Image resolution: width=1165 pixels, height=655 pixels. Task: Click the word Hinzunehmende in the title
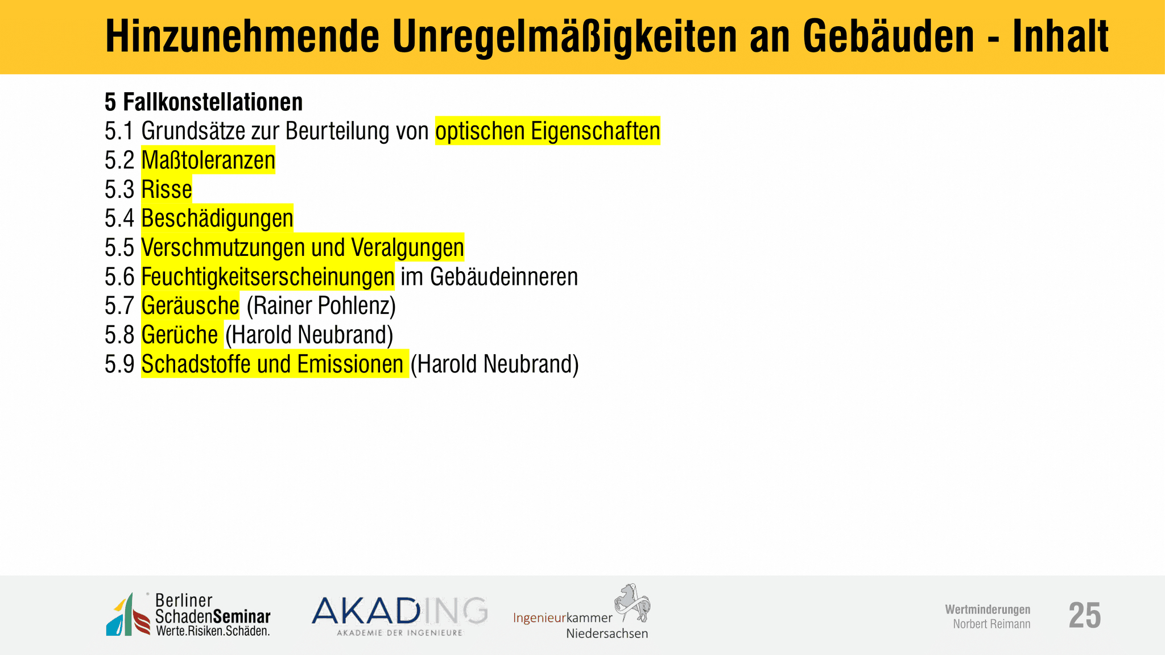click(242, 36)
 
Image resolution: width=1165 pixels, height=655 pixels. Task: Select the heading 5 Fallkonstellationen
click(204, 102)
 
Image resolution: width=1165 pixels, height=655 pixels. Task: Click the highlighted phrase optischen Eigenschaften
click(548, 131)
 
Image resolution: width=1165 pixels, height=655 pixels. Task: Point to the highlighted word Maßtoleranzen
click(208, 160)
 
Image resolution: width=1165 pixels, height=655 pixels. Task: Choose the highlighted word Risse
click(167, 189)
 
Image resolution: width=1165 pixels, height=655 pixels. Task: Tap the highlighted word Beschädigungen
click(217, 218)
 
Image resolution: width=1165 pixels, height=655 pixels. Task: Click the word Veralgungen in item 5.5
click(407, 247)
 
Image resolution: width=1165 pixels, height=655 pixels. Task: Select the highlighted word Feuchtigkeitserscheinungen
click(268, 277)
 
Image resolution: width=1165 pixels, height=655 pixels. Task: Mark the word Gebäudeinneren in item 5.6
click(504, 277)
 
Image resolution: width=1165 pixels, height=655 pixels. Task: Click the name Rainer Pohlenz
click(321, 306)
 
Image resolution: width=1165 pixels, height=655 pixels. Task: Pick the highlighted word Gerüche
click(180, 335)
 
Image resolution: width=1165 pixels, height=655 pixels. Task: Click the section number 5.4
click(119, 218)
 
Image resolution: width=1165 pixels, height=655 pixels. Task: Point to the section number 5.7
click(119, 306)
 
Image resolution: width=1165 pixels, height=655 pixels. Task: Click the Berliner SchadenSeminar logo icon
click(128, 614)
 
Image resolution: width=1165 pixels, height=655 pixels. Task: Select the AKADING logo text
click(399, 611)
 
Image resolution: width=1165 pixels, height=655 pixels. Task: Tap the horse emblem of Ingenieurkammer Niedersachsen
click(632, 603)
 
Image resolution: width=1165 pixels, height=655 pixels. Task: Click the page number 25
click(1085, 615)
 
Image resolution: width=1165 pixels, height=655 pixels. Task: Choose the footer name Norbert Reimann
click(992, 624)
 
